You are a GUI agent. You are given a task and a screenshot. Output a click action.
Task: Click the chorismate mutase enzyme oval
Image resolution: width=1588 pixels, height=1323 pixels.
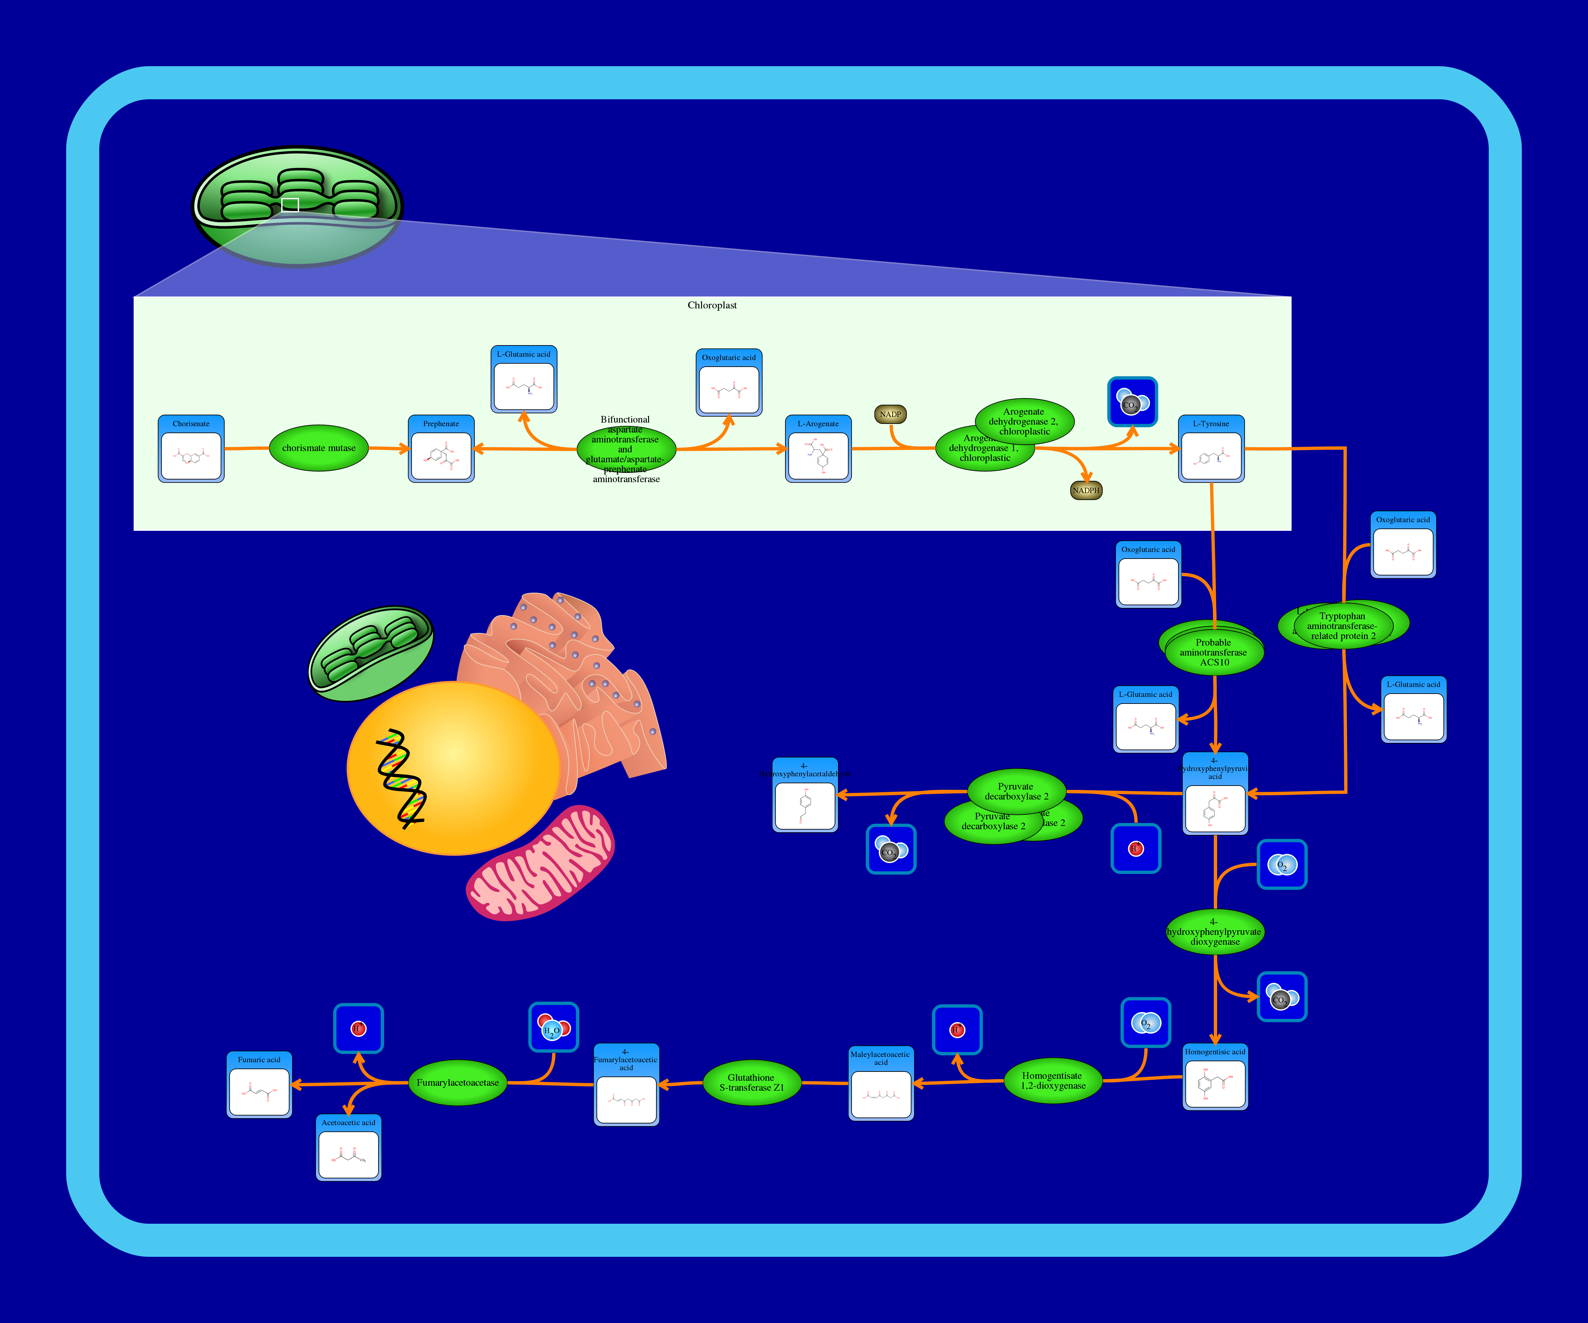coord(318,448)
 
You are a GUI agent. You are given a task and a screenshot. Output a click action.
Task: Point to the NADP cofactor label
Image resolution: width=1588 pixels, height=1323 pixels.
coord(890,415)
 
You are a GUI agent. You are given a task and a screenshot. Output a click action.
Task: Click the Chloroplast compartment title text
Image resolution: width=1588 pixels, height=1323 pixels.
coord(712,305)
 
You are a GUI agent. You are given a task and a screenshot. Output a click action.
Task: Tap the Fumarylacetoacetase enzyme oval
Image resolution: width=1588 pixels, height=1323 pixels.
coord(458,1082)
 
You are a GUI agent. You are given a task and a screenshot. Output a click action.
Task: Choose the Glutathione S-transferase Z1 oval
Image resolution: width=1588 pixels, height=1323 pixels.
coord(751,1082)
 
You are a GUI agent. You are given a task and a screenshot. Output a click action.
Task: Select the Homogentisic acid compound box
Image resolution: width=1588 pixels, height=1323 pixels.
coord(1214,1077)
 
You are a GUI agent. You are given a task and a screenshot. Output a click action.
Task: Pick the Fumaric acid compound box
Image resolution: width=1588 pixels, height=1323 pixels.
coord(259,1085)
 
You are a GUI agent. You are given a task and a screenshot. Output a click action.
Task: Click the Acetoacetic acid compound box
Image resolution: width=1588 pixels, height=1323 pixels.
coord(348,1148)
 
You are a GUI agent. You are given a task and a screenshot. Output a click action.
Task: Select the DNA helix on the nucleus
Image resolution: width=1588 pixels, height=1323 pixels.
coord(401,779)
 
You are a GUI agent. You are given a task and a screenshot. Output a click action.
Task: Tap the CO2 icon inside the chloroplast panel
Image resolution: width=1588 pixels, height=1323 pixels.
coord(1132,402)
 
